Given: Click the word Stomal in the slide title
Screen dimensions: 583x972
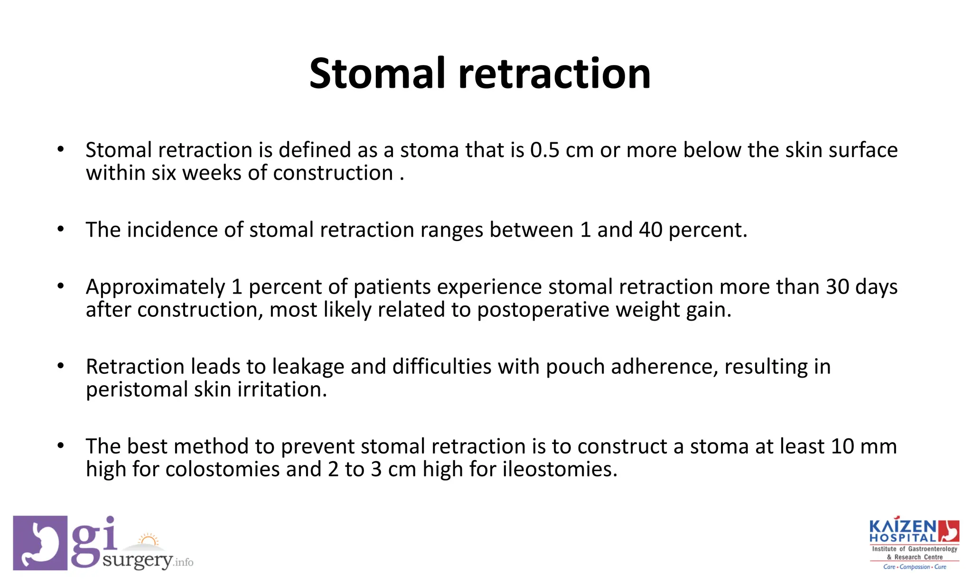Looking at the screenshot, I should [377, 74].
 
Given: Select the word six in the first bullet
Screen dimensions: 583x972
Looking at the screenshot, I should [164, 173].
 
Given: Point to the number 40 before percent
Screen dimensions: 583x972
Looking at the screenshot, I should [651, 230].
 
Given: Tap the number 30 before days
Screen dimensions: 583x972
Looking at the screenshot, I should [837, 287].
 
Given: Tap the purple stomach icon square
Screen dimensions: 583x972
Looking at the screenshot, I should [40, 543].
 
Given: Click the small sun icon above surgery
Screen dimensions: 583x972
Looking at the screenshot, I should [149, 540].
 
